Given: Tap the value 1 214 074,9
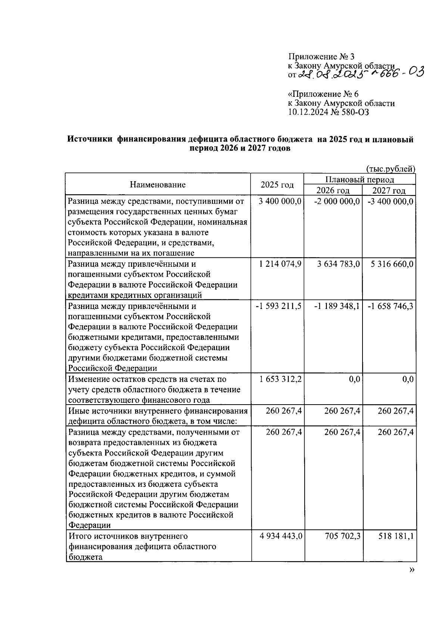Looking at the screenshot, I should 280,264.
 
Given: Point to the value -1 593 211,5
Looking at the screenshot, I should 279,306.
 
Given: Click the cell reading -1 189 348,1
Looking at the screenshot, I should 337,306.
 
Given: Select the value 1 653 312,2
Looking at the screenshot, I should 280,379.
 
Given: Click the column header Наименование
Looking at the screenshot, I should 158,185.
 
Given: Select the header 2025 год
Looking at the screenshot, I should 277,185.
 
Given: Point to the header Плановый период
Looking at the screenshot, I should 360,179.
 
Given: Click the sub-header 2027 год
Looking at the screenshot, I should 389,191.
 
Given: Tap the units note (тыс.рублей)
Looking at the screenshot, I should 391,169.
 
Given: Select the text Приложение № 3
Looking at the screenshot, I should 321,57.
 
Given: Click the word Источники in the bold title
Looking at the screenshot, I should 90,140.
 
